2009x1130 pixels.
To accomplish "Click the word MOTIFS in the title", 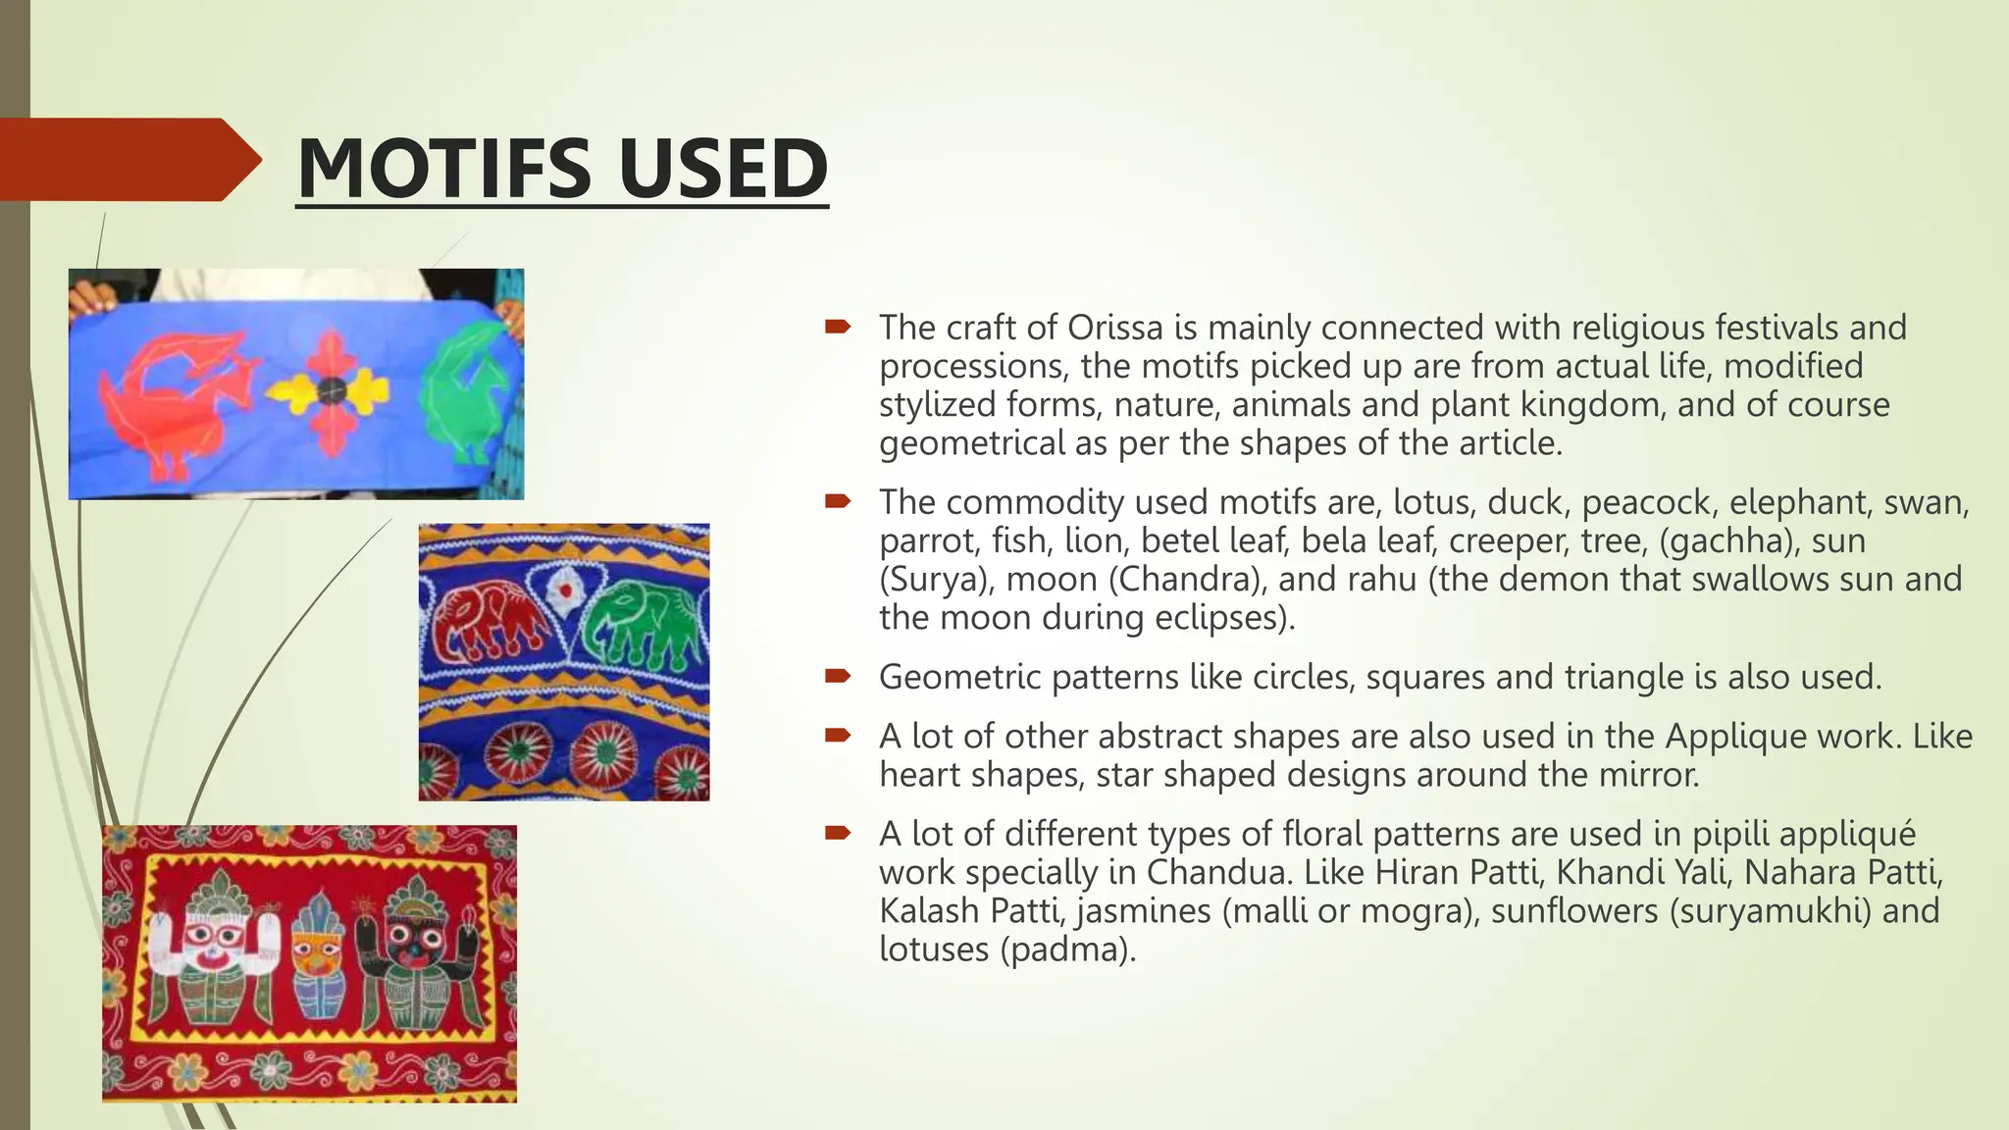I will coord(443,168).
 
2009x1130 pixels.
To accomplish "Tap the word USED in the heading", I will coord(723,168).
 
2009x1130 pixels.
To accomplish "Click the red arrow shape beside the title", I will coord(128,160).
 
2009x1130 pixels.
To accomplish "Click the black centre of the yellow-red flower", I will coord(332,390).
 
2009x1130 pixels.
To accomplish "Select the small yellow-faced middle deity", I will coord(316,956).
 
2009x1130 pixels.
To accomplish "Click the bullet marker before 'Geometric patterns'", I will coord(837,676).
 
